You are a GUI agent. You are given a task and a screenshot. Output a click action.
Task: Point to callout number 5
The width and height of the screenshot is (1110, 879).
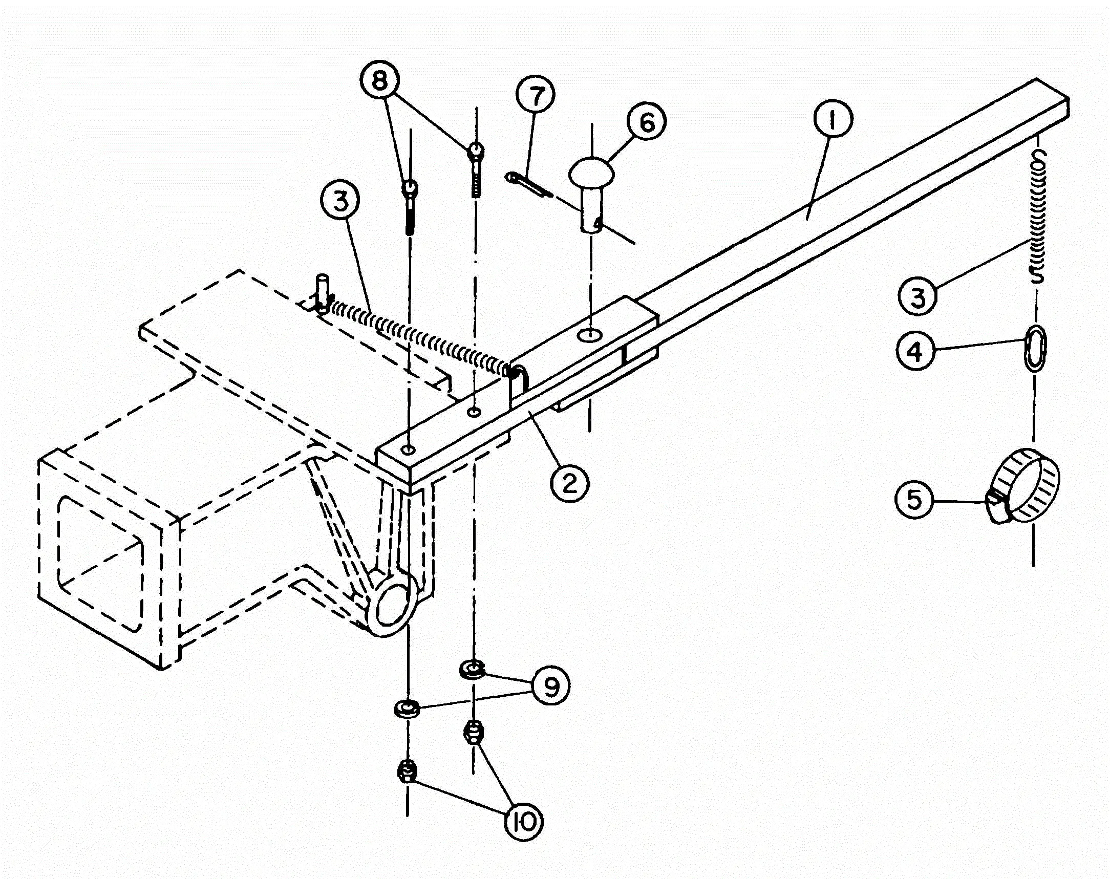[x=914, y=499]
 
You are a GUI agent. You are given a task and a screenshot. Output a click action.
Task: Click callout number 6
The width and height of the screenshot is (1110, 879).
[x=646, y=122]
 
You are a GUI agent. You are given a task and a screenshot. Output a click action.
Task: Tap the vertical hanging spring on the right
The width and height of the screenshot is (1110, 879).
[x=1038, y=216]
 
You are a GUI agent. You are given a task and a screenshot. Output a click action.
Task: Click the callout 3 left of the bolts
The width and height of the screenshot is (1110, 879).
[x=339, y=201]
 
